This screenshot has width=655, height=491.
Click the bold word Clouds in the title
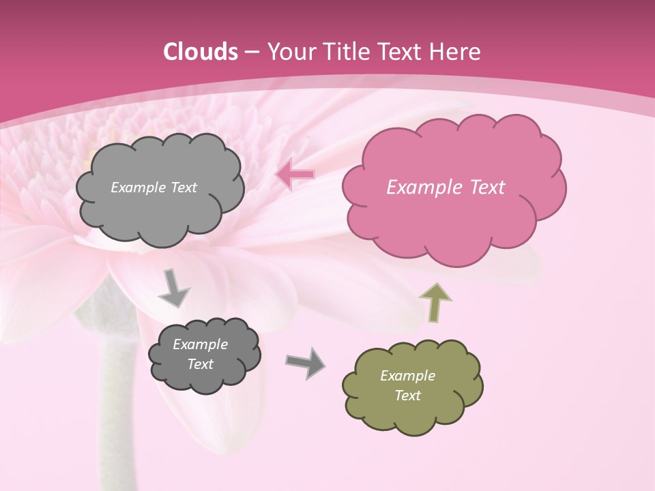(200, 52)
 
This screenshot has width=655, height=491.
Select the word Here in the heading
(456, 52)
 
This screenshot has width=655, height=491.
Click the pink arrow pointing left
(295, 175)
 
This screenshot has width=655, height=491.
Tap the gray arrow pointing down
(173, 288)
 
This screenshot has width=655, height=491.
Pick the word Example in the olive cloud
(407, 376)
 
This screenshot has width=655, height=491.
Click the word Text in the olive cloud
(407, 396)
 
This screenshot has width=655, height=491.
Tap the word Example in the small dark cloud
(200, 344)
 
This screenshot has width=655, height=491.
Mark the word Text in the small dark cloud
(200, 364)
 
